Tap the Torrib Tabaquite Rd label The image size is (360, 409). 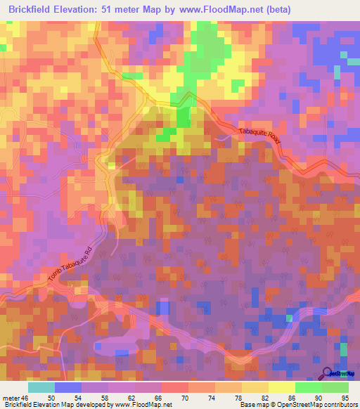click(x=71, y=268)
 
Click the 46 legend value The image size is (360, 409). click(x=27, y=397)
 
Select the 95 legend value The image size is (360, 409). click(x=345, y=397)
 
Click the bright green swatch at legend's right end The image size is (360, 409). click(x=335, y=387)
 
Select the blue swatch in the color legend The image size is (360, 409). click(x=68, y=387)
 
